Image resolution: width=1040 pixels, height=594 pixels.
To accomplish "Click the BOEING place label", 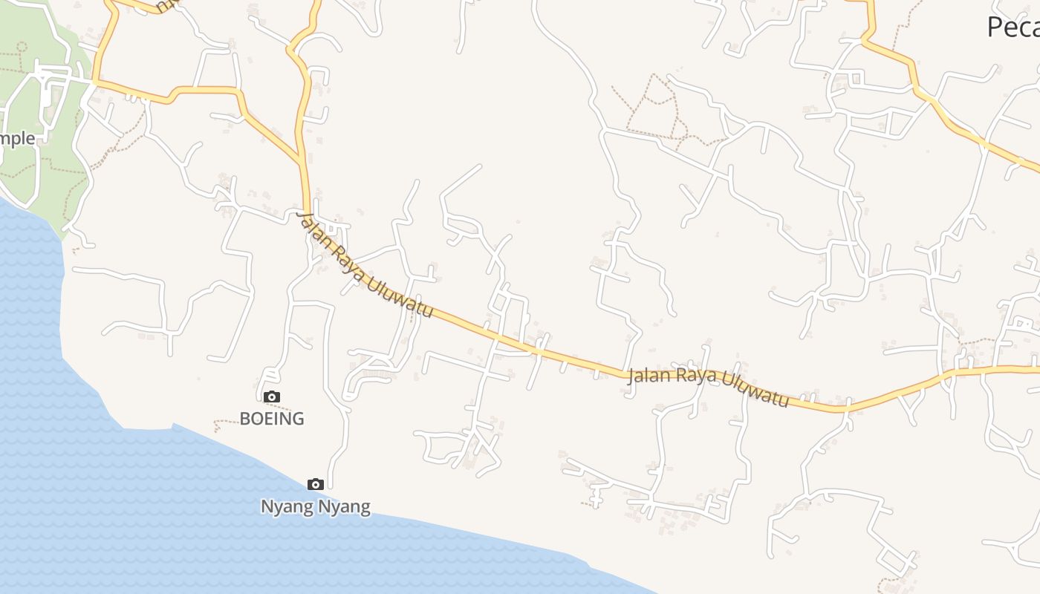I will [272, 419].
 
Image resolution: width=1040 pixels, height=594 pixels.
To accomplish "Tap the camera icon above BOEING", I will [272, 397].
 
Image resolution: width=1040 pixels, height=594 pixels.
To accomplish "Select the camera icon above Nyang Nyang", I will [316, 485].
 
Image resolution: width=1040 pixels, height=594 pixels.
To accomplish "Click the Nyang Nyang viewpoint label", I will [315, 507].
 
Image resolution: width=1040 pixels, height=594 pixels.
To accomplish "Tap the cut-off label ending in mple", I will [17, 139].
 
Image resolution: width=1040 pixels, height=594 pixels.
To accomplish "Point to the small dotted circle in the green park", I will [22, 46].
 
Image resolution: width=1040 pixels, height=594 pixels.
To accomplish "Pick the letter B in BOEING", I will [245, 419].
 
